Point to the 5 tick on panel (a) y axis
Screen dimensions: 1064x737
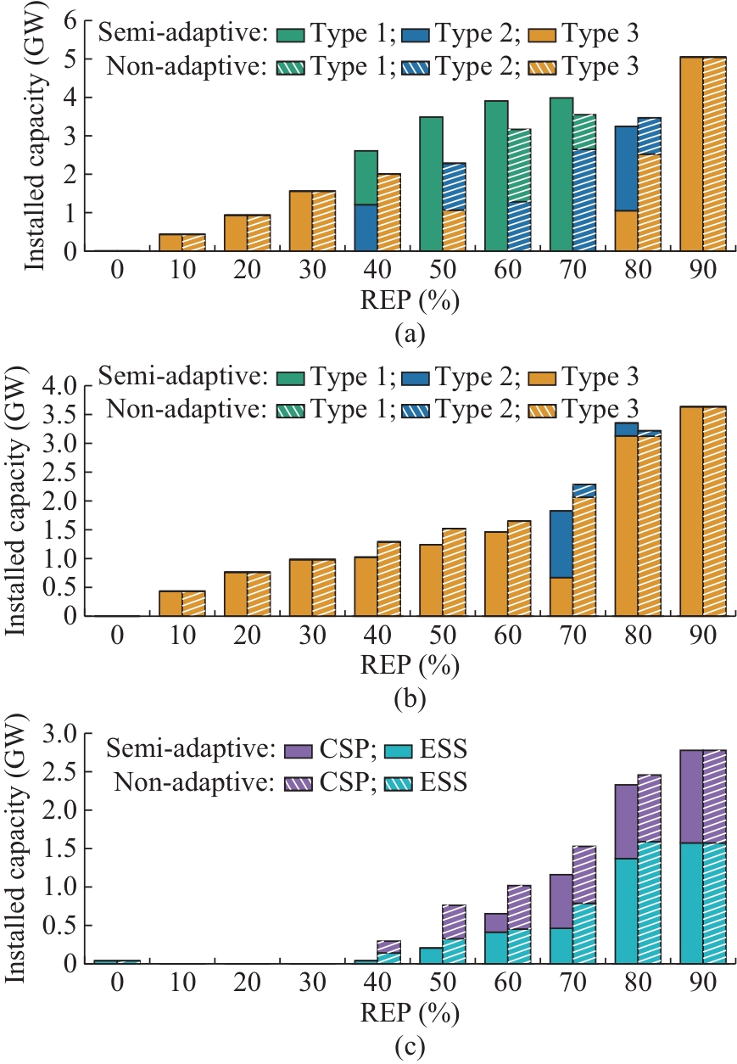tap(69, 59)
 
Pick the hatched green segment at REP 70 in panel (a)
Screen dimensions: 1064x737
tap(584, 132)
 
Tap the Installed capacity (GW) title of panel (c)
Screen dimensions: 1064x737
tap(18, 848)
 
